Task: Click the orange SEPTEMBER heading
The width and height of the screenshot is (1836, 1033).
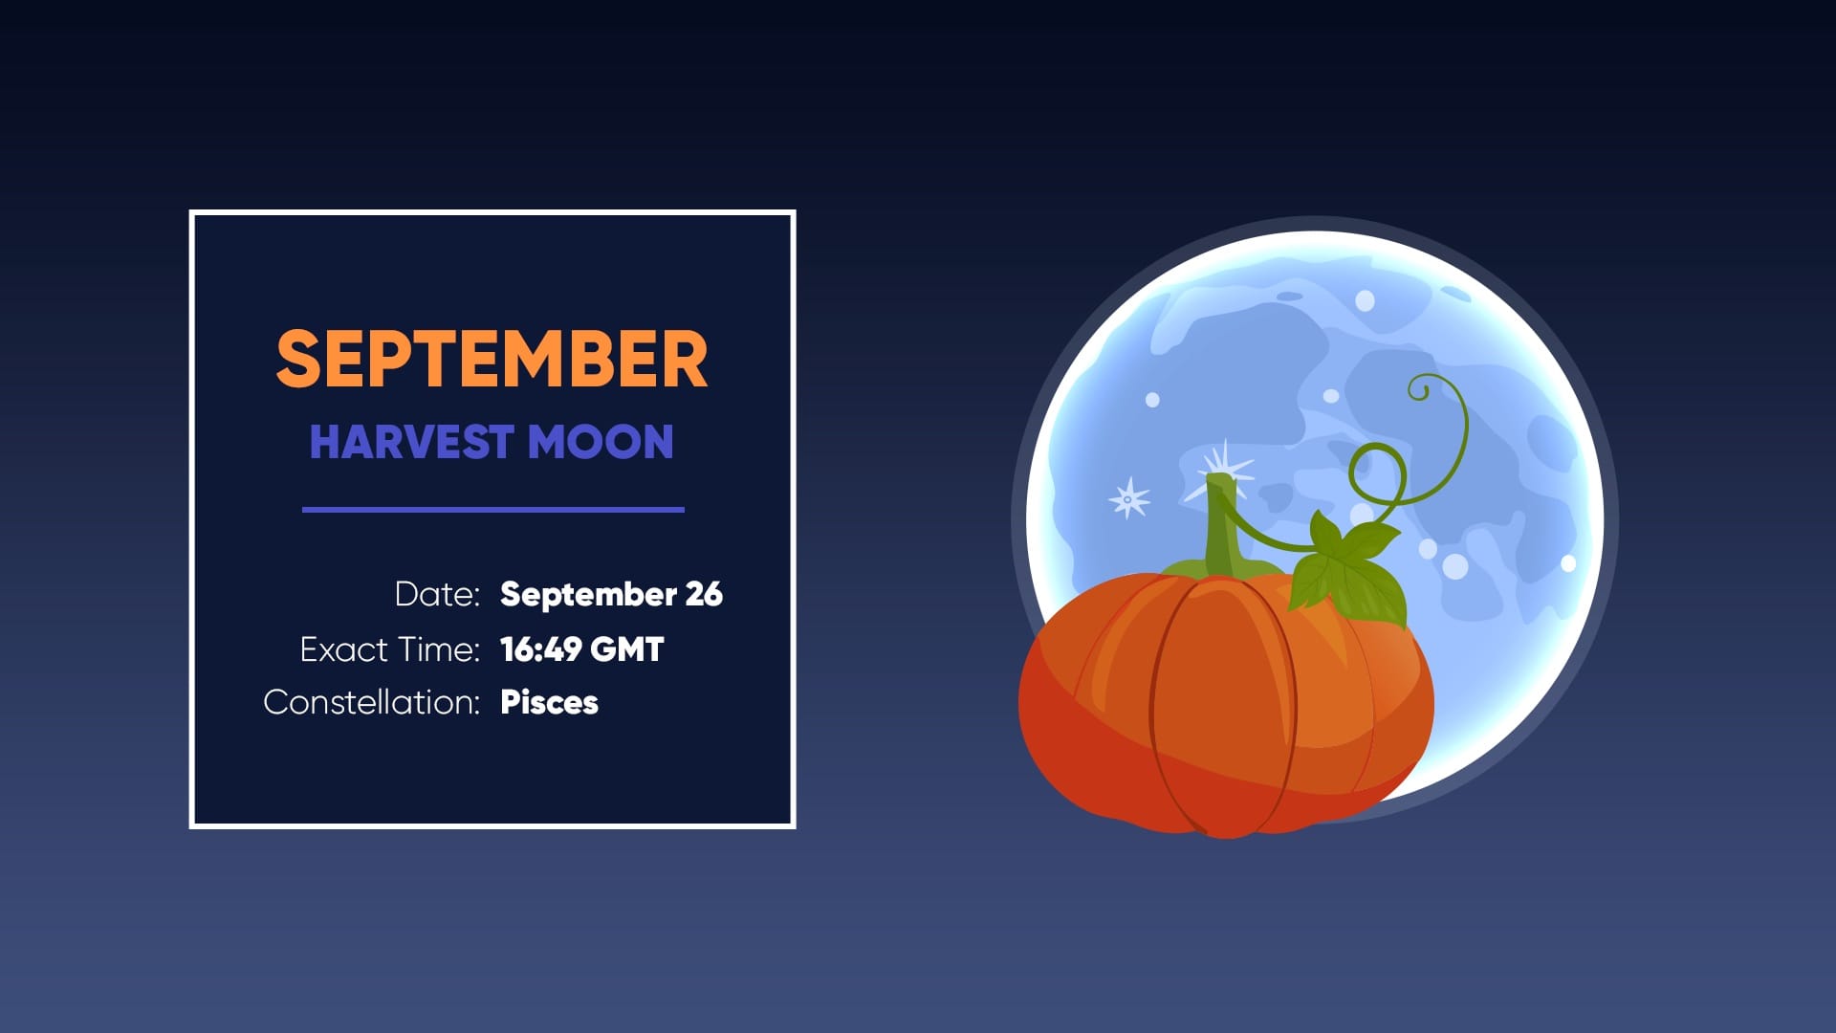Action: tap(492, 359)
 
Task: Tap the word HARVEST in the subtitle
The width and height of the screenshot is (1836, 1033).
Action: tap(411, 442)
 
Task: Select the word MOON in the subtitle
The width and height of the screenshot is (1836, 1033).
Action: tap(601, 442)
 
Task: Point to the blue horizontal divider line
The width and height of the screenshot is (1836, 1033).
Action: tap(492, 510)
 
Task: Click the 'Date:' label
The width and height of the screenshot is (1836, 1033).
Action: tap(437, 594)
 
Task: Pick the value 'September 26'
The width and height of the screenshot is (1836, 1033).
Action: tap(611, 594)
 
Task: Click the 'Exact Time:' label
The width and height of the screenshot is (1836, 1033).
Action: tap(389, 649)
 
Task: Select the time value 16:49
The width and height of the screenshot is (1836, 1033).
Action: tap(541, 649)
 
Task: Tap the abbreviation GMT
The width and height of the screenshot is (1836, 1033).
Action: tap(627, 649)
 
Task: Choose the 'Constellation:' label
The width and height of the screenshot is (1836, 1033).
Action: tap(371, 702)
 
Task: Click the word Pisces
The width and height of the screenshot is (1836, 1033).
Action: tap(549, 702)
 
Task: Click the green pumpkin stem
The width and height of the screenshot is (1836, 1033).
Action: tap(1222, 531)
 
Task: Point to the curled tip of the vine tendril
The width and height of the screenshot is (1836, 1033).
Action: tap(1419, 388)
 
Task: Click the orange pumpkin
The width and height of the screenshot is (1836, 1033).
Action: tap(1224, 708)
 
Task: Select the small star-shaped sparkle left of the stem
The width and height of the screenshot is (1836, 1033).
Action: tap(1128, 498)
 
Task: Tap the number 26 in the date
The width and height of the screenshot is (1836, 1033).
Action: tap(704, 594)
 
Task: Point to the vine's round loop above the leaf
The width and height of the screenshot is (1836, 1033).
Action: tap(1377, 474)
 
